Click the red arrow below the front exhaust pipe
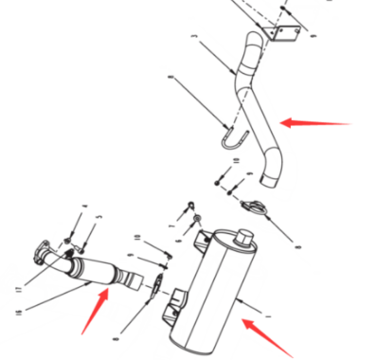[92, 313]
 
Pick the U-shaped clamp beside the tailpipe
[230, 139]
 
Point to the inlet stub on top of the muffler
[248, 232]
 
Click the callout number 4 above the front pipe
[84, 206]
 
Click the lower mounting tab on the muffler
[172, 308]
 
